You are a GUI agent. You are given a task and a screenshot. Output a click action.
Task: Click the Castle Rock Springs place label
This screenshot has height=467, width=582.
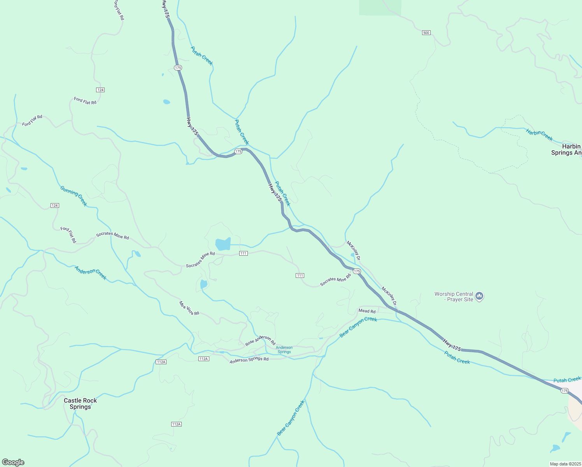click(x=80, y=404)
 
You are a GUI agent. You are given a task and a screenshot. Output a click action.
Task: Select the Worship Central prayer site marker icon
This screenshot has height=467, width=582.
click(x=479, y=297)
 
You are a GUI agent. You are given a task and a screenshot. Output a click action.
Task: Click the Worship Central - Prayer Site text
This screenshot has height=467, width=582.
click(x=454, y=297)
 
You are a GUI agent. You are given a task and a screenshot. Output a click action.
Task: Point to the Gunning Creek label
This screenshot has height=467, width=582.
click(x=74, y=196)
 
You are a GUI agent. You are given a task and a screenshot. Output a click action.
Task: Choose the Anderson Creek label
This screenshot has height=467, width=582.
click(x=91, y=273)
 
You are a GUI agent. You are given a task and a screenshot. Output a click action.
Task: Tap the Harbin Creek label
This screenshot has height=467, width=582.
click(x=539, y=135)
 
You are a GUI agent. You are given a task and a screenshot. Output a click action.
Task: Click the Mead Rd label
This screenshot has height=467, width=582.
click(x=367, y=311)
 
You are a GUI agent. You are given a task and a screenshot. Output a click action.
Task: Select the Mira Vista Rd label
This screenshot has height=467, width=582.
click(x=189, y=308)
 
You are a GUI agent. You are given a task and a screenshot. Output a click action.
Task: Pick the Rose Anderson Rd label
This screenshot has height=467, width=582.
click(x=260, y=341)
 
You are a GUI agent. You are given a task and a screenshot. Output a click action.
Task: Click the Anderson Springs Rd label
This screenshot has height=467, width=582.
click(x=249, y=360)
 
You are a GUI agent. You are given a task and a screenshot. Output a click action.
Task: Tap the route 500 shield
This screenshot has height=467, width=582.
click(x=426, y=33)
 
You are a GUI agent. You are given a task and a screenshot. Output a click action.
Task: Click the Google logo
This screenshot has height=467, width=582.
click(x=13, y=462)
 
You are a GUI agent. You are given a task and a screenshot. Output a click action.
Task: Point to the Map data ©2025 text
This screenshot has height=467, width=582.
click(x=565, y=464)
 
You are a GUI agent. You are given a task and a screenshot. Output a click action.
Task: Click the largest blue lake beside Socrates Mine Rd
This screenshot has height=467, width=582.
click(x=223, y=244)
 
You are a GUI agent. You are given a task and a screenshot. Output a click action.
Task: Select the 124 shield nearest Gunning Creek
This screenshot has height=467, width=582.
click(x=55, y=205)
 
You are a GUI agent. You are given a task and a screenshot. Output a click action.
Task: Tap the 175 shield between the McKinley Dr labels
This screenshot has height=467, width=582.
click(x=357, y=271)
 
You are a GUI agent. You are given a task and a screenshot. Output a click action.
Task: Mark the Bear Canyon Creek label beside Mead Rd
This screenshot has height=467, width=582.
click(x=358, y=327)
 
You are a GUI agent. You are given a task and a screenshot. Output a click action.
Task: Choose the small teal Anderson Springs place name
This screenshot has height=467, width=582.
click(x=284, y=350)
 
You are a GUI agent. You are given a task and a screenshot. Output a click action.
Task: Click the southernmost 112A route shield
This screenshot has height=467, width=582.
click(x=176, y=424)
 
